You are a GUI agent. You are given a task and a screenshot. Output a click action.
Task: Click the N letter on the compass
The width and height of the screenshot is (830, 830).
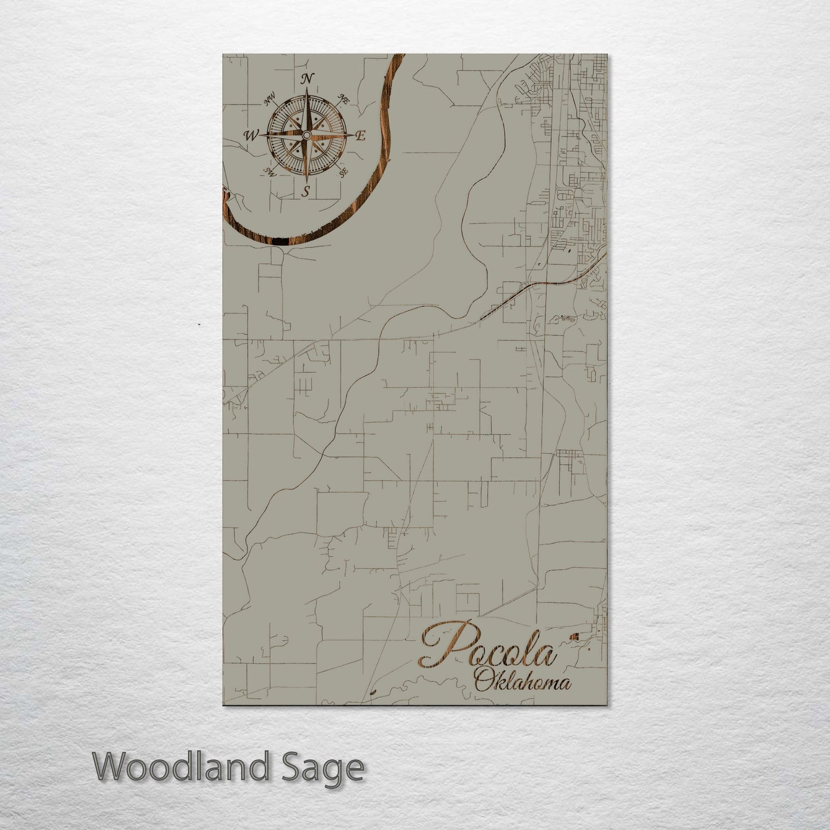[x=307, y=79]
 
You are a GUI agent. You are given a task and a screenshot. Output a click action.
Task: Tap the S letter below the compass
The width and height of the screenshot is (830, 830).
[x=306, y=192]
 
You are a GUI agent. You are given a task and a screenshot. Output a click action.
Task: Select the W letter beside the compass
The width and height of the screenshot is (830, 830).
[x=251, y=136]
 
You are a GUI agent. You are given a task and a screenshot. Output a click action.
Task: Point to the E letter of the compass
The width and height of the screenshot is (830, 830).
[x=361, y=136]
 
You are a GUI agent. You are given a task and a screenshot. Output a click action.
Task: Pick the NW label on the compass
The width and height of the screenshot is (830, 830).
[x=268, y=102]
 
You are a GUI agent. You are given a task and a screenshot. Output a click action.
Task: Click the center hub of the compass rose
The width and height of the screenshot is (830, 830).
[x=306, y=134]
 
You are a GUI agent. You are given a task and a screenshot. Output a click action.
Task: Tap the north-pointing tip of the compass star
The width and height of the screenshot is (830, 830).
[x=307, y=89]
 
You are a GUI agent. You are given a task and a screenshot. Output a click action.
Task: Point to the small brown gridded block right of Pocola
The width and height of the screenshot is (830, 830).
[x=574, y=636]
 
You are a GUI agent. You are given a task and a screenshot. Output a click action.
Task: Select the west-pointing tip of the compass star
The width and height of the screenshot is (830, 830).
[x=261, y=134]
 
